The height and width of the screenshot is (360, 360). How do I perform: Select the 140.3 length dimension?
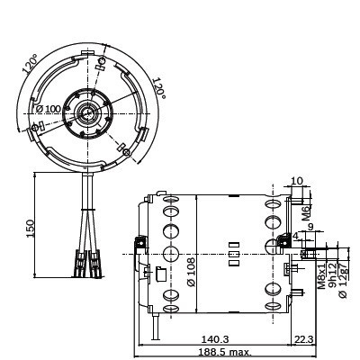pos(213,339)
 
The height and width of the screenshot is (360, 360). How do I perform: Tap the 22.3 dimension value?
pos(304,339)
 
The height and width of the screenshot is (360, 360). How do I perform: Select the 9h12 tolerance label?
pos(332,275)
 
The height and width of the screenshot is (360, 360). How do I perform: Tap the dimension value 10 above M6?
pos(298,182)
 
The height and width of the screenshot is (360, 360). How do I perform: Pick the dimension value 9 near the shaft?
pos(311,228)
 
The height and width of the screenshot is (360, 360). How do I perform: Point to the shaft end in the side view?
pos(311,253)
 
